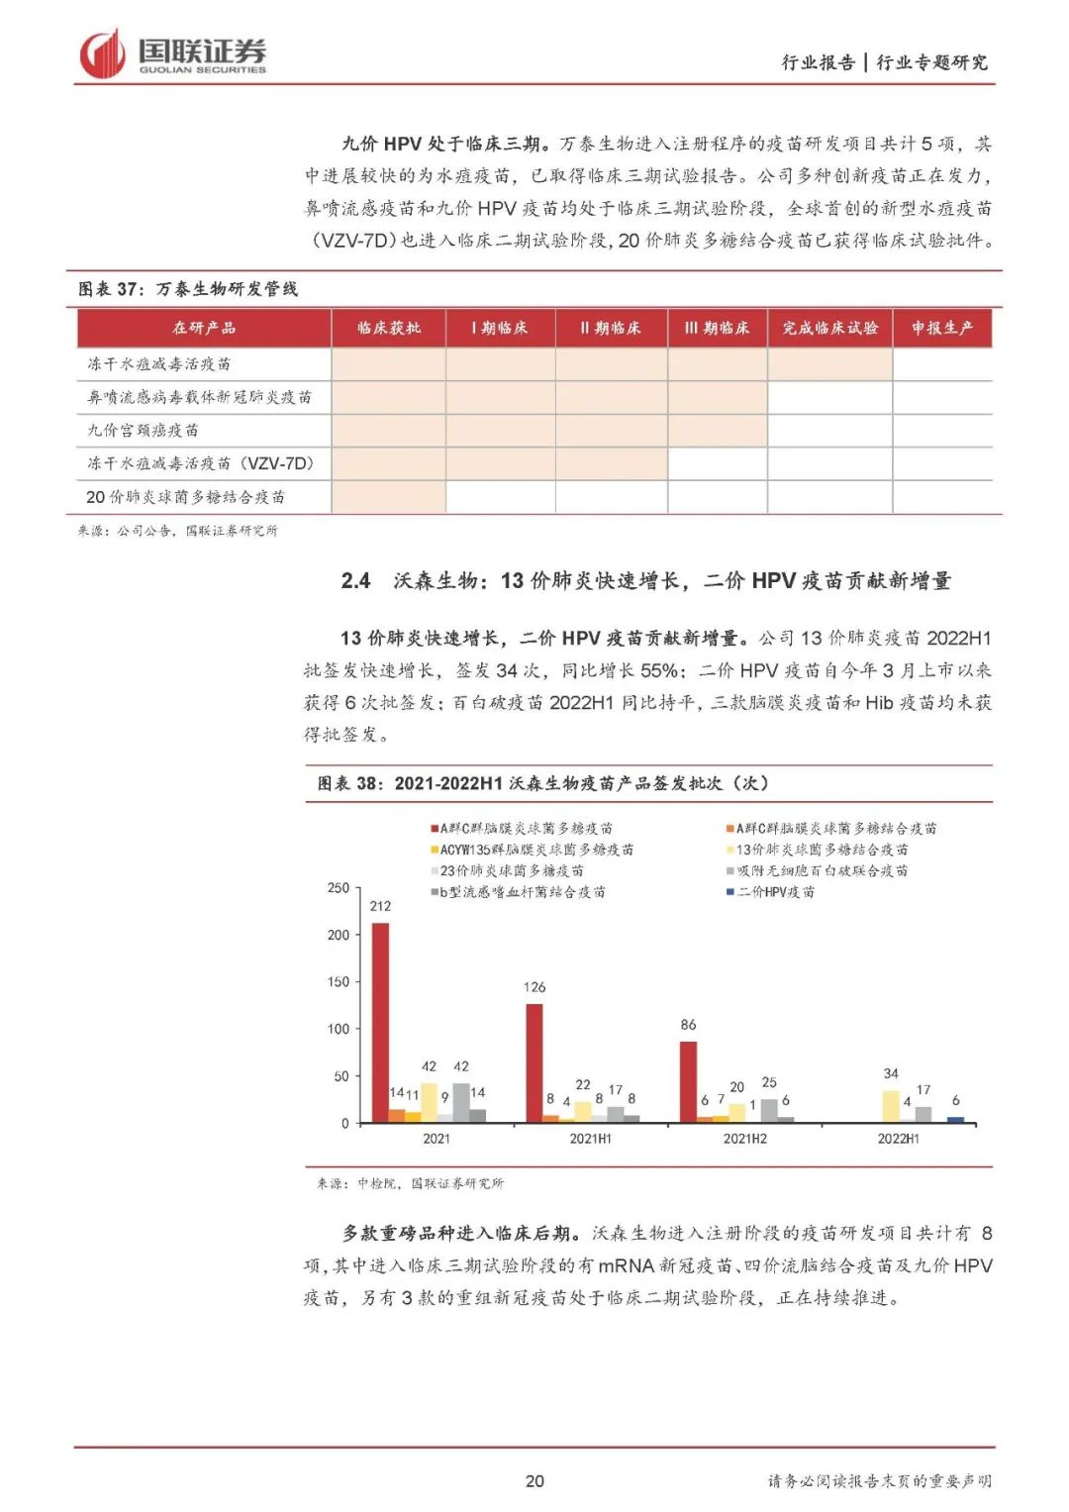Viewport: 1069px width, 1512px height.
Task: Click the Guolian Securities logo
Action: (x=172, y=53)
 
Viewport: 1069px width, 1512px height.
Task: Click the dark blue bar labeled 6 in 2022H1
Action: (x=955, y=1119)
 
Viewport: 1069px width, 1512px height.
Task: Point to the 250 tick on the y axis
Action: (x=339, y=888)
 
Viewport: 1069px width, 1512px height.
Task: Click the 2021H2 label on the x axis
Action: (x=744, y=1139)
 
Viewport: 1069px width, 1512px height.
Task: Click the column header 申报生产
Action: (x=941, y=328)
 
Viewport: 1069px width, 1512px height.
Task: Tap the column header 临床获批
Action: (x=388, y=328)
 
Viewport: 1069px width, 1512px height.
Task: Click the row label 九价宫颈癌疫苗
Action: (x=144, y=430)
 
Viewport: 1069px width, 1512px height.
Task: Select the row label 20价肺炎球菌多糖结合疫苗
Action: (x=185, y=497)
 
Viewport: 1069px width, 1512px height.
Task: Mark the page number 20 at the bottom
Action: (x=534, y=1480)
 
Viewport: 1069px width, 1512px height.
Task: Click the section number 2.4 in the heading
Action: (x=355, y=581)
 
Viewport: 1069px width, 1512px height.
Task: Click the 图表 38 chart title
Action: (x=542, y=783)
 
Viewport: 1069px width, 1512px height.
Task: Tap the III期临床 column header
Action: (x=717, y=328)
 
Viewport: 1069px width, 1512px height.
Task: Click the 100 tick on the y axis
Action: (x=339, y=1030)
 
